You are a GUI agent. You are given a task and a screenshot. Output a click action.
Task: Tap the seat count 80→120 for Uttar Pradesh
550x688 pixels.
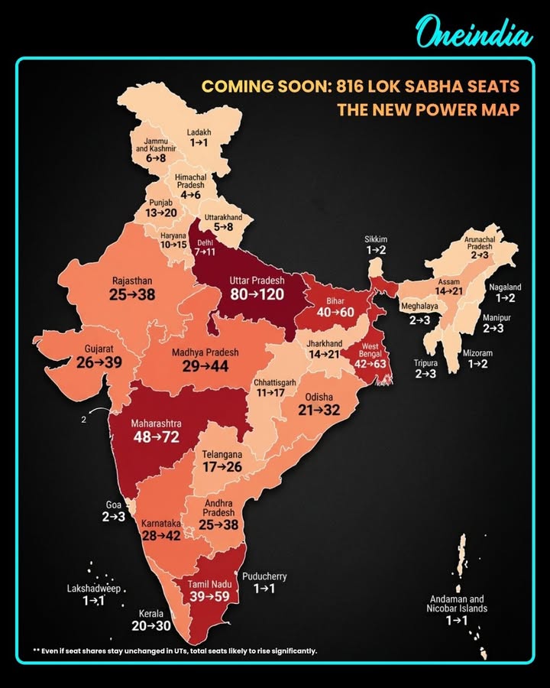click(x=257, y=294)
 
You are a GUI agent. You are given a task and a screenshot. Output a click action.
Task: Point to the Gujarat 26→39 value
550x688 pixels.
click(x=99, y=362)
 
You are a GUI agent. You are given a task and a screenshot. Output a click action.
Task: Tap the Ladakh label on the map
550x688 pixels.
click(x=199, y=132)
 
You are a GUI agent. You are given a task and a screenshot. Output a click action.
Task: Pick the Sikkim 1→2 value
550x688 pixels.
click(x=375, y=251)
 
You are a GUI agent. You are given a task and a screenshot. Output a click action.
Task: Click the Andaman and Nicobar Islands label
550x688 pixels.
click(x=457, y=604)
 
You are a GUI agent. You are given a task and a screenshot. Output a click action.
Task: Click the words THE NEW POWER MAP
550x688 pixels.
click(x=429, y=109)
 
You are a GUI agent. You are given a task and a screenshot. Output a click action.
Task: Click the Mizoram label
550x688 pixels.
click(x=477, y=353)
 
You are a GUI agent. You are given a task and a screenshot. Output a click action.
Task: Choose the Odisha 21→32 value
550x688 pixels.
click(x=319, y=410)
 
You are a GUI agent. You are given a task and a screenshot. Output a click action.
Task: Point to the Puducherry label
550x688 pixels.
click(x=264, y=576)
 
